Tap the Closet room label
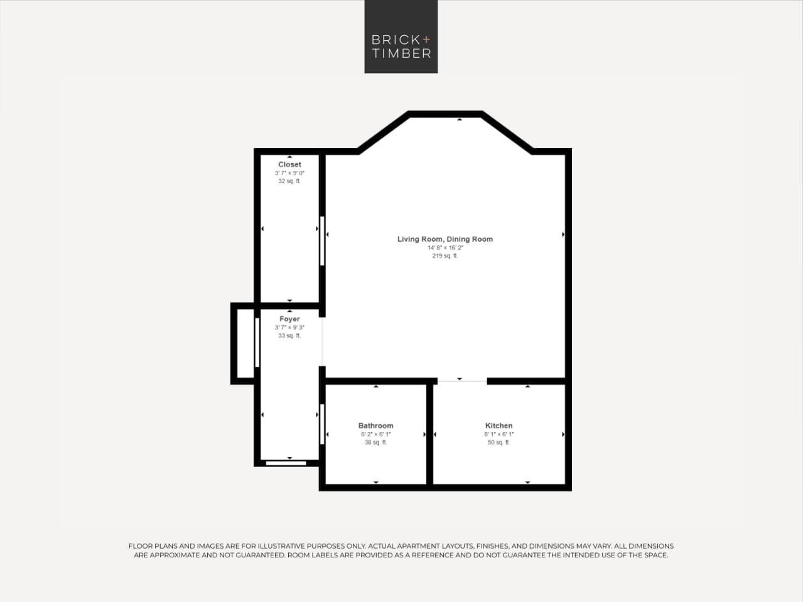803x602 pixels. point(289,164)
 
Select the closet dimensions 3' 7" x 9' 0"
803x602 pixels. point(289,173)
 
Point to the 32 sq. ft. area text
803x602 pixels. point(289,181)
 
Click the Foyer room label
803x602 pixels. point(289,319)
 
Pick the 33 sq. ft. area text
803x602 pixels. point(289,336)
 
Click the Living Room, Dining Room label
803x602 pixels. point(445,239)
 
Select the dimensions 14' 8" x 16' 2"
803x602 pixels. point(445,248)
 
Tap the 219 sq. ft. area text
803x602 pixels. point(445,256)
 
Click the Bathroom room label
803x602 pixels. point(375,426)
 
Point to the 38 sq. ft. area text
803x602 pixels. point(375,443)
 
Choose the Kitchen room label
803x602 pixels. point(499,426)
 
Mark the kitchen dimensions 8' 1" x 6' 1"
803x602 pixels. point(499,434)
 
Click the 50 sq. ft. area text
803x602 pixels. point(499,443)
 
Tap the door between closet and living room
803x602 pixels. point(322,241)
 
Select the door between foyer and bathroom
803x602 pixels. point(322,424)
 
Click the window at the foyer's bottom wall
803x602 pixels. point(286,463)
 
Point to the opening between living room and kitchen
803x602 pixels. point(461,381)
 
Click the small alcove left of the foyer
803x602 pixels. point(245,343)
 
